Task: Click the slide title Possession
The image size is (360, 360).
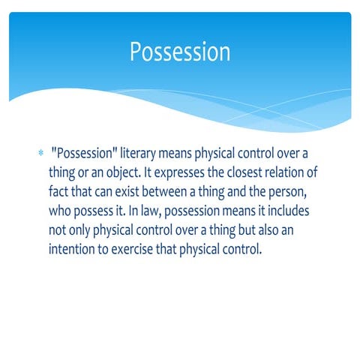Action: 180,52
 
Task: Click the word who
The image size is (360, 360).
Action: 60,211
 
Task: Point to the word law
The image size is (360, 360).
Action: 166,211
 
